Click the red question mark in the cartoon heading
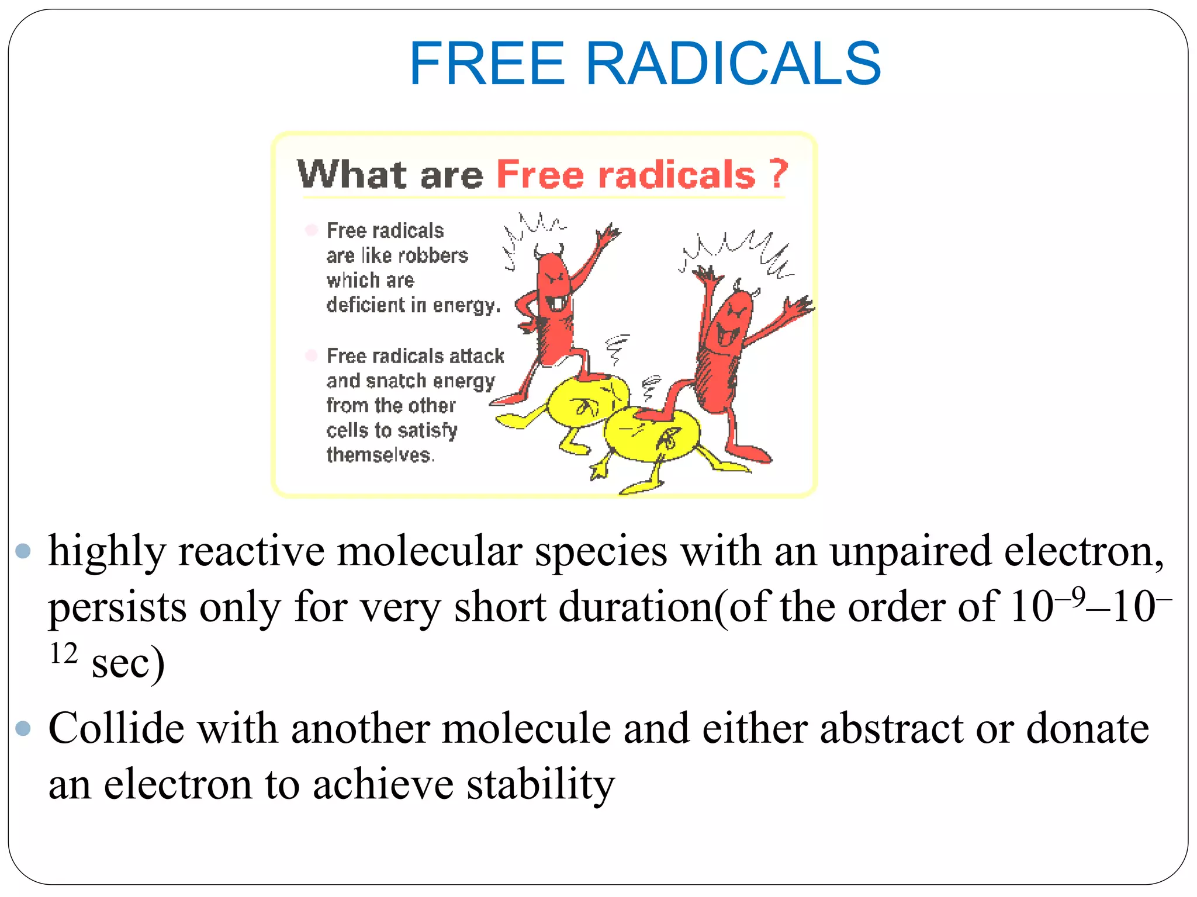pos(778,173)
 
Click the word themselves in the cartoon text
pos(380,455)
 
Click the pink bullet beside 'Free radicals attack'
pos(311,355)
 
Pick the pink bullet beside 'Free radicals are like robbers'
pos(311,230)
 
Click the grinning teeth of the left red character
pos(558,303)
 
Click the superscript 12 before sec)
pos(64,653)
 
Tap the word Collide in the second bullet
pos(115,728)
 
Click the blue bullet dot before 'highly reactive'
pos(23,551)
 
